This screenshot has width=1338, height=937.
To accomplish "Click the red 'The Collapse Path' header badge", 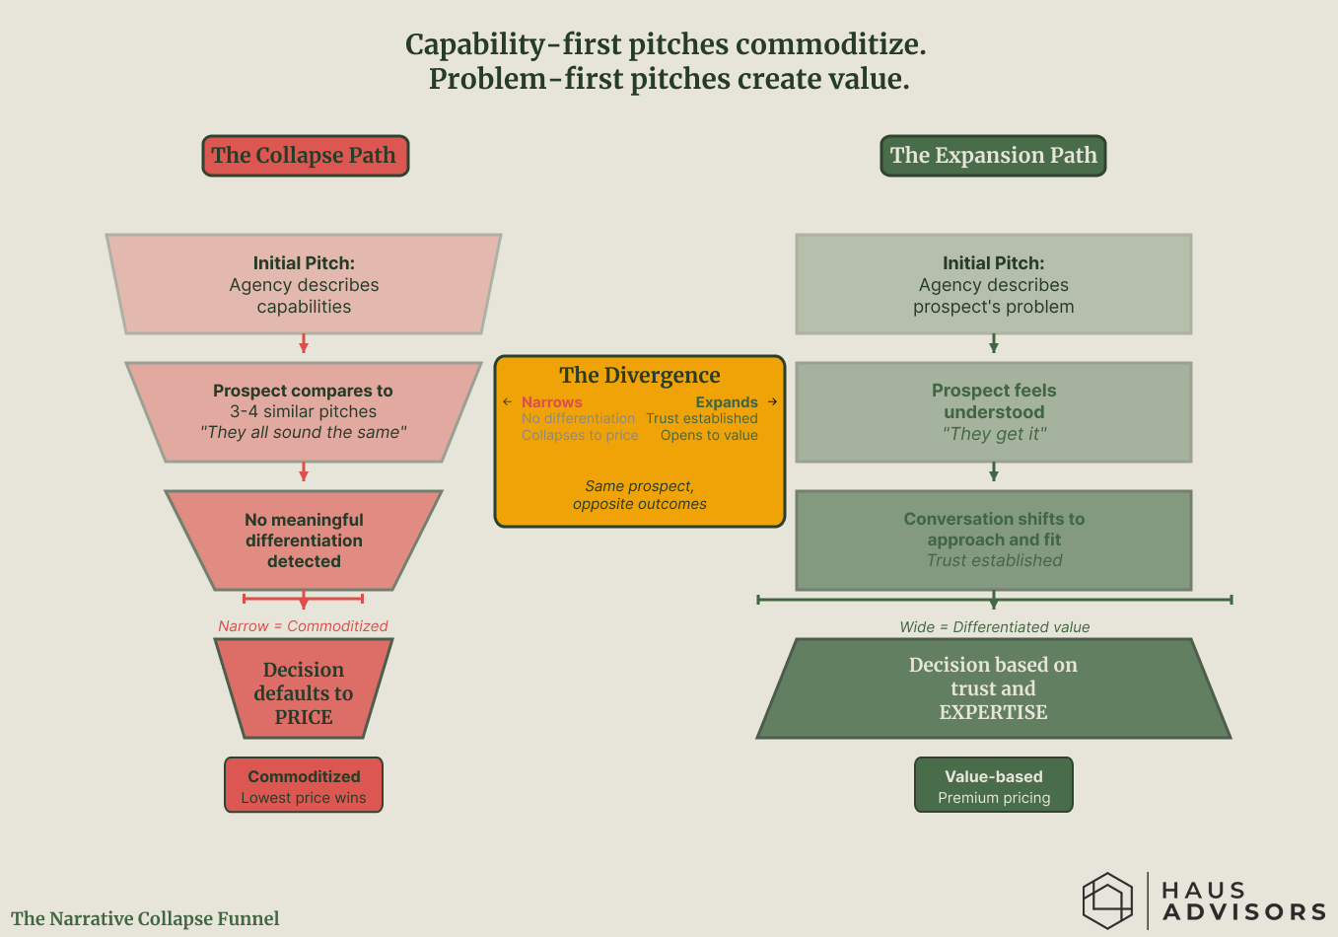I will (305, 156).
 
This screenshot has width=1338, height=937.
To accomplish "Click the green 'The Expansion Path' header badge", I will (993, 156).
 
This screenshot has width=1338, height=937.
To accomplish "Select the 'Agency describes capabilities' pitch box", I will (304, 284).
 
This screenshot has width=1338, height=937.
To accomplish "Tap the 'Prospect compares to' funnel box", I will (304, 411).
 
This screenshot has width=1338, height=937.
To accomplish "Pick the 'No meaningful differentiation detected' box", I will (304, 541).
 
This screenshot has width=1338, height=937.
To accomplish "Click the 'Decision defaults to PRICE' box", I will (304, 692).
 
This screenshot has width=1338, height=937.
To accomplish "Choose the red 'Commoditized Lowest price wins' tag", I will (304, 785).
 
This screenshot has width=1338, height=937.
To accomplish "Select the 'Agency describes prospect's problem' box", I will (993, 284).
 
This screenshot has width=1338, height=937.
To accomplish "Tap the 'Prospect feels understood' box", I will (993, 411).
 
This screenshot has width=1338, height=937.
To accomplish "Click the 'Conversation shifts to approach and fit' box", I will (993, 540).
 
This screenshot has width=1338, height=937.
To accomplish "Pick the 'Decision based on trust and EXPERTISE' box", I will (993, 688).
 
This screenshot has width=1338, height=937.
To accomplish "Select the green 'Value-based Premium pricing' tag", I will (993, 785).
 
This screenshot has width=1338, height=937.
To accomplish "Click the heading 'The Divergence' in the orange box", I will (639, 375).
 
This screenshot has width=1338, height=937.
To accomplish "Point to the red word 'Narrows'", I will (551, 402).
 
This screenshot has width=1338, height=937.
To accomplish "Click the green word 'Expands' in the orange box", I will (727, 402).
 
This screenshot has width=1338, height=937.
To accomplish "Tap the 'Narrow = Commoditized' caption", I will (303, 626).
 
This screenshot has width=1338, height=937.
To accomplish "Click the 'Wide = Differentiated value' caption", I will (994, 627).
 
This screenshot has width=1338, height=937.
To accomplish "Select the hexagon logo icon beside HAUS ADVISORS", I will (1107, 900).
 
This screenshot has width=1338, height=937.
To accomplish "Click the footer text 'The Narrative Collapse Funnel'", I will (145, 918).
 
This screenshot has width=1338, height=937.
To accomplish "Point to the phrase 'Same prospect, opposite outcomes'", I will (639, 495).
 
